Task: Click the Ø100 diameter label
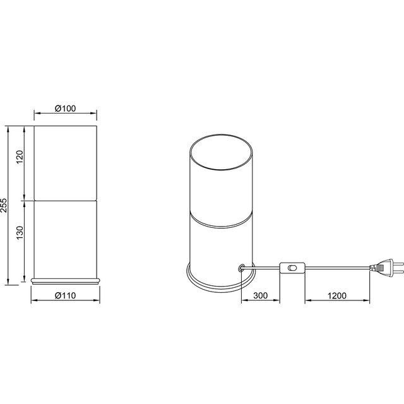65,108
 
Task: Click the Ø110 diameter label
65,294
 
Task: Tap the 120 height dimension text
20,158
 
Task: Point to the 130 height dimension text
20,235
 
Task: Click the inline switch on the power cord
292,268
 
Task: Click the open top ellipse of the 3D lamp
222,151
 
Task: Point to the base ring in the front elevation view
66,278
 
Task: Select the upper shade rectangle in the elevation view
66,163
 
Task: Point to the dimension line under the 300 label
272,302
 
